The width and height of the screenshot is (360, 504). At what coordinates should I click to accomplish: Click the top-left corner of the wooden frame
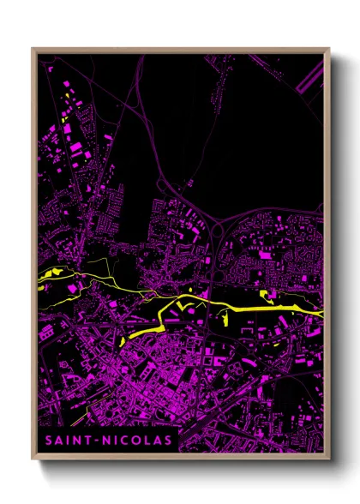click(33, 50)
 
